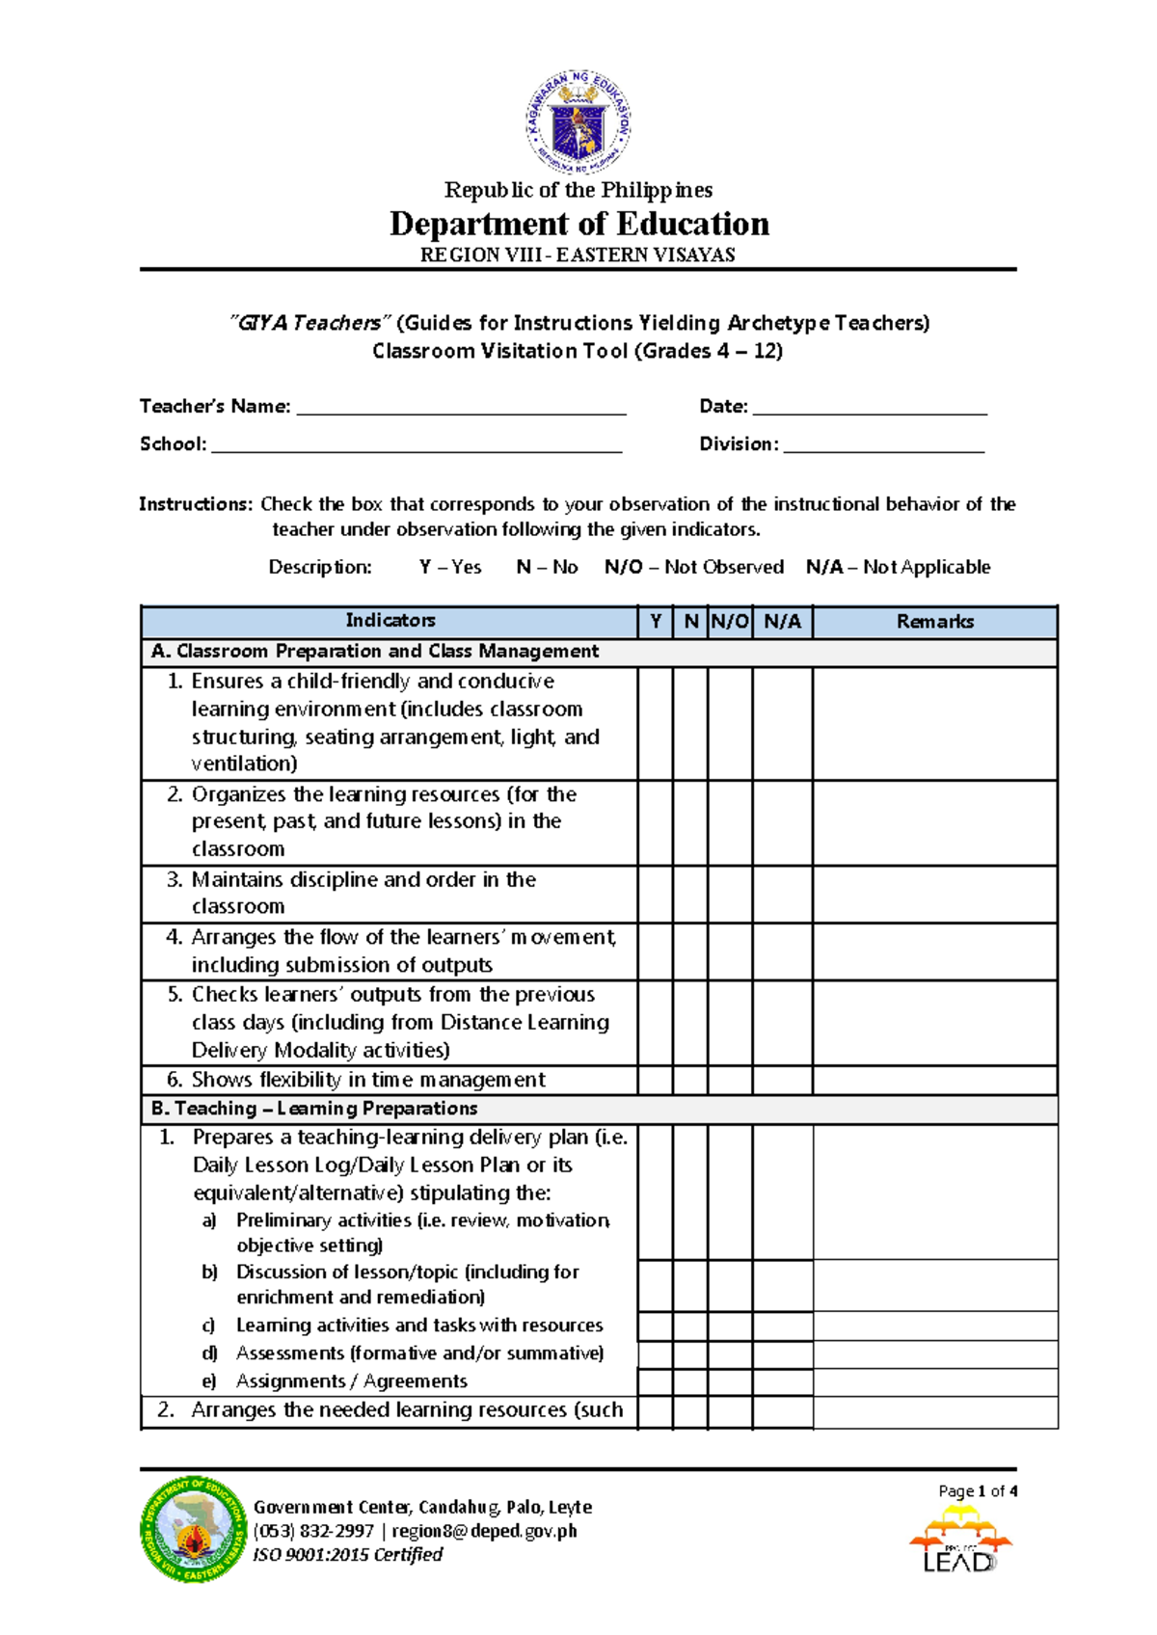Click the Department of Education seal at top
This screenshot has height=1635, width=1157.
pyautogui.click(x=578, y=122)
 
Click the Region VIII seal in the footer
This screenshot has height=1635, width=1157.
pyautogui.click(x=193, y=1529)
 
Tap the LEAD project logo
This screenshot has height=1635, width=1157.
pyautogui.click(x=960, y=1540)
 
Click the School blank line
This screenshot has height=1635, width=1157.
pyautogui.click(x=417, y=446)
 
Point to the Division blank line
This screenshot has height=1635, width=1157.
pyautogui.click(x=884, y=446)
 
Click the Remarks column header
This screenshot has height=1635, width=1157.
pyautogui.click(x=934, y=622)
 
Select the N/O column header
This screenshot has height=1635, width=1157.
pyautogui.click(x=730, y=622)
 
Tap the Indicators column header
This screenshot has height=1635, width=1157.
pyautogui.click(x=390, y=621)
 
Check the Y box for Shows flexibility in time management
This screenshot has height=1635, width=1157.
pyautogui.click(x=655, y=1080)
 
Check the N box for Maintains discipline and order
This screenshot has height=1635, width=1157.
pyautogui.click(x=690, y=894)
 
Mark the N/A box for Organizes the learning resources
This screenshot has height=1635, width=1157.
pyautogui.click(x=782, y=822)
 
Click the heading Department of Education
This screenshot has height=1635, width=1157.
pyautogui.click(x=578, y=224)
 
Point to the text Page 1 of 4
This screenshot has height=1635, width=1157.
pyautogui.click(x=978, y=1490)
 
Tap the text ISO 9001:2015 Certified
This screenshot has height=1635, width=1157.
pyautogui.click(x=348, y=1554)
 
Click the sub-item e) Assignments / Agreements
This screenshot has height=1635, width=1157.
pyautogui.click(x=351, y=1381)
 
